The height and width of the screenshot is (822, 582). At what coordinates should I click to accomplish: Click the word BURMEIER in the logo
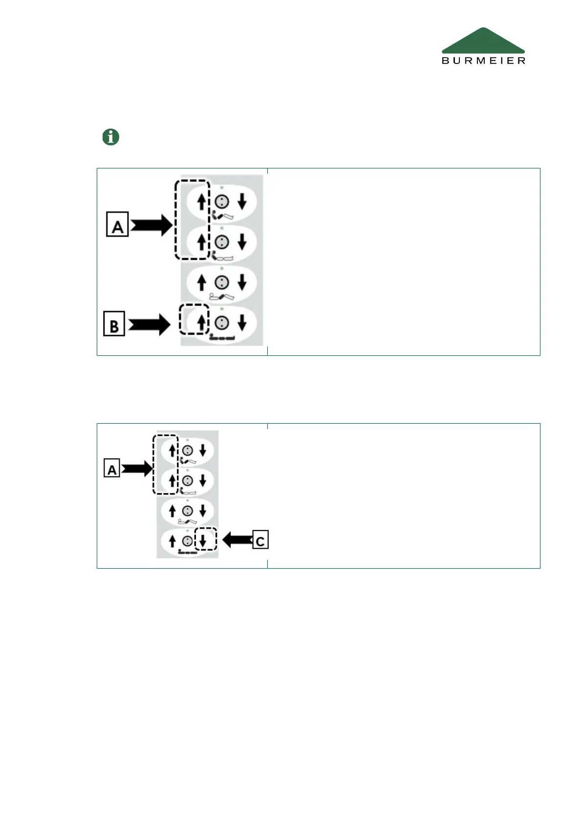pyautogui.click(x=483, y=61)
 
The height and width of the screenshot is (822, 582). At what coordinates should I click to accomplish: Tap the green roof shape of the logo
pyautogui.click(x=483, y=42)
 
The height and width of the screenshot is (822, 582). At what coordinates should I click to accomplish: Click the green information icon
pyautogui.click(x=111, y=137)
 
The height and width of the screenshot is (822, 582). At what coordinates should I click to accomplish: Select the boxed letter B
pyautogui.click(x=114, y=324)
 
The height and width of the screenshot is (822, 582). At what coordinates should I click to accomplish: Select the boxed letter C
pyautogui.click(x=260, y=540)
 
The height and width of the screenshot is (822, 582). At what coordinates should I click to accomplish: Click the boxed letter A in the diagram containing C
pyautogui.click(x=112, y=469)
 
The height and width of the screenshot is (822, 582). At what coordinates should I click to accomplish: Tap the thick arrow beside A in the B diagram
pyautogui.click(x=151, y=225)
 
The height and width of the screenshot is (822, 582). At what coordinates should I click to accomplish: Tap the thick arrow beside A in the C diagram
pyautogui.click(x=137, y=469)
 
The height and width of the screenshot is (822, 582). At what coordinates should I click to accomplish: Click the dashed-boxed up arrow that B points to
pyautogui.click(x=201, y=322)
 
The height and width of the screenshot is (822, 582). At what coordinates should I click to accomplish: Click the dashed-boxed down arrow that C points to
pyautogui.click(x=203, y=540)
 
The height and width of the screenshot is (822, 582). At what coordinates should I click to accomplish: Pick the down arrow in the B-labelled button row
pyautogui.click(x=242, y=322)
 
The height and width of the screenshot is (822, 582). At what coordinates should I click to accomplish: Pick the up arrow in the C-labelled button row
pyautogui.click(x=172, y=540)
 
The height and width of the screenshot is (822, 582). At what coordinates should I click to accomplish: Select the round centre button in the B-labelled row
pyautogui.click(x=222, y=322)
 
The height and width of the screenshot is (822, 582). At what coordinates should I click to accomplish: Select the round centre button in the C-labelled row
pyautogui.click(x=187, y=540)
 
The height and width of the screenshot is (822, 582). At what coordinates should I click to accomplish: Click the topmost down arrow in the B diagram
pyautogui.click(x=242, y=201)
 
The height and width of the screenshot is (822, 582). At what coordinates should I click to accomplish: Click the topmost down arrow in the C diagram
pyautogui.click(x=203, y=450)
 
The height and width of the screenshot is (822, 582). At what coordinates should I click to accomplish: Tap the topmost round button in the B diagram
pyautogui.click(x=222, y=201)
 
